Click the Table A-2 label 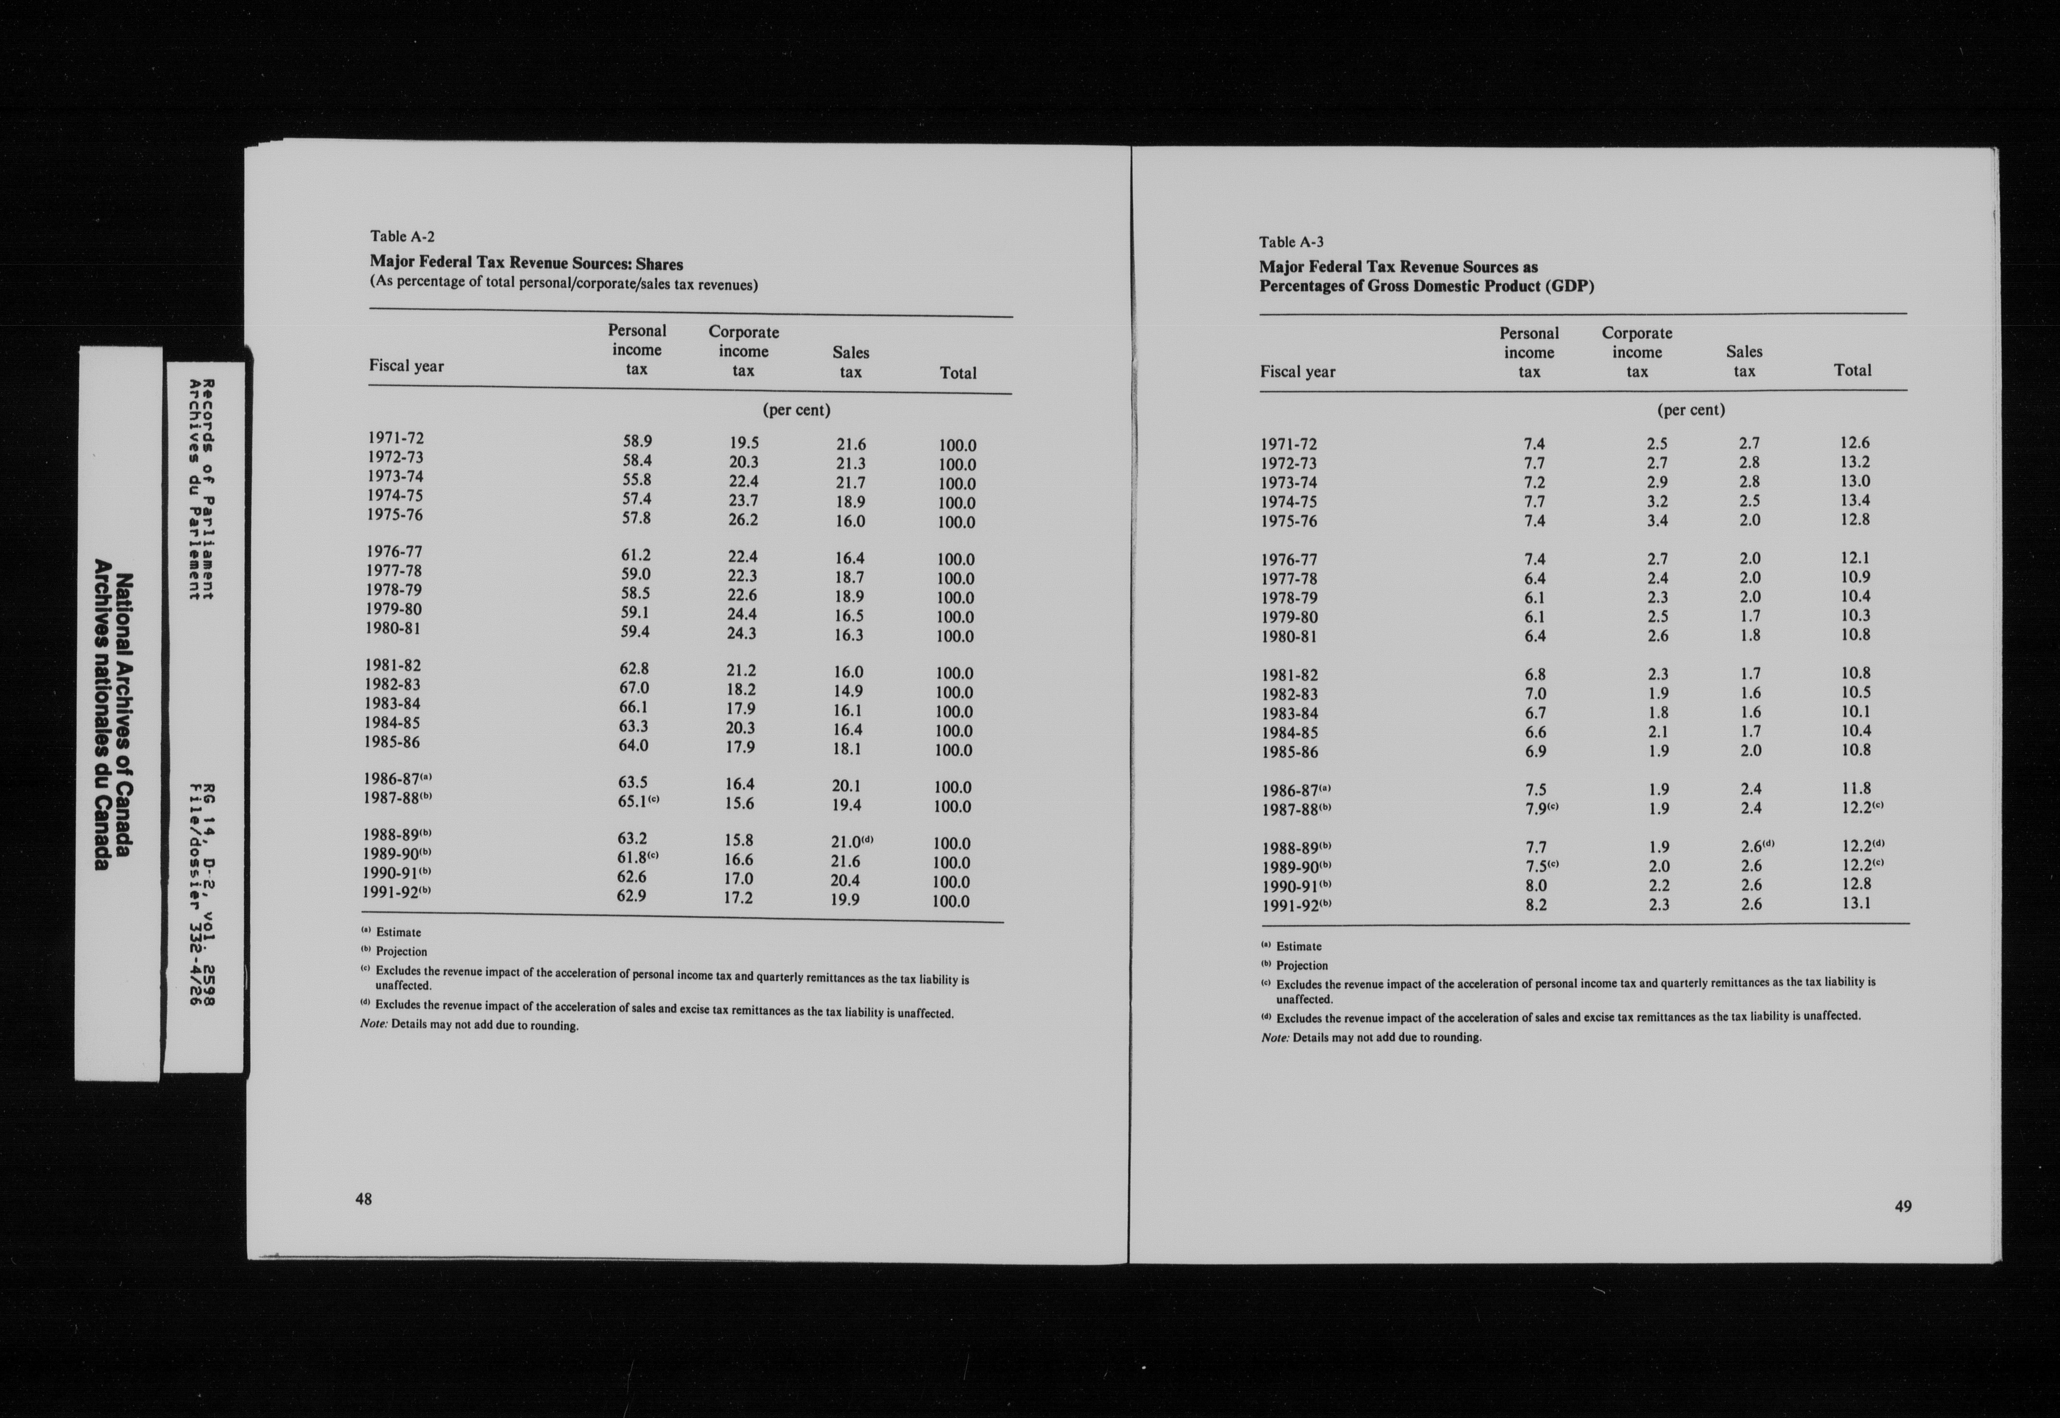403,236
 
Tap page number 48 363,1198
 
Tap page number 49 1903,1206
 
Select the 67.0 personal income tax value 633,688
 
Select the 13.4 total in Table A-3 1855,500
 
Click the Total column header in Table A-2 957,373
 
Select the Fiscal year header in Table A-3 1297,371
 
